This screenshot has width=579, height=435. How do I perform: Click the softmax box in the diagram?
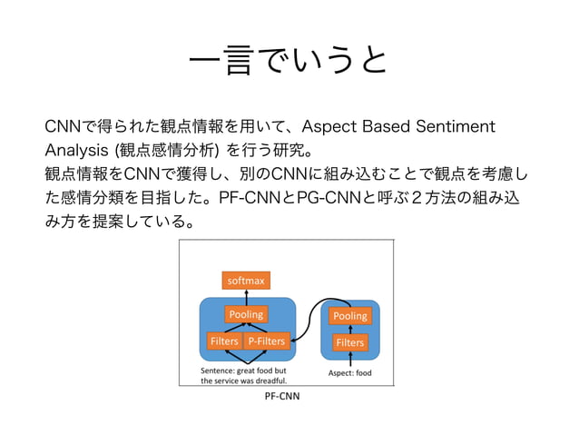[x=246, y=281]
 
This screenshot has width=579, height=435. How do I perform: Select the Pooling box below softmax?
[x=246, y=314]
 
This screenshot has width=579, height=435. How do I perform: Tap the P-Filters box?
[x=265, y=341]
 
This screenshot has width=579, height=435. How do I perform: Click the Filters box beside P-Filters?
[x=223, y=341]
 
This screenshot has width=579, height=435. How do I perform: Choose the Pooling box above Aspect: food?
[x=349, y=316]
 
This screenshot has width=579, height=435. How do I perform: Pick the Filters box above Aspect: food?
[x=349, y=342]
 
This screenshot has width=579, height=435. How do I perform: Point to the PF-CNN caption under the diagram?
[x=281, y=397]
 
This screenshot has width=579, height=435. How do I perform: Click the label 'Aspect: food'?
[x=349, y=372]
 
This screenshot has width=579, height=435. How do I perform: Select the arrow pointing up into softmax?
[x=246, y=297]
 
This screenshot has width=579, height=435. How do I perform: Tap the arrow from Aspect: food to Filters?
[x=349, y=359]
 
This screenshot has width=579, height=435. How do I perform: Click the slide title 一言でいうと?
[x=289, y=62]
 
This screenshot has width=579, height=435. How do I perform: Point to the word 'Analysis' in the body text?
[x=81, y=148]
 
